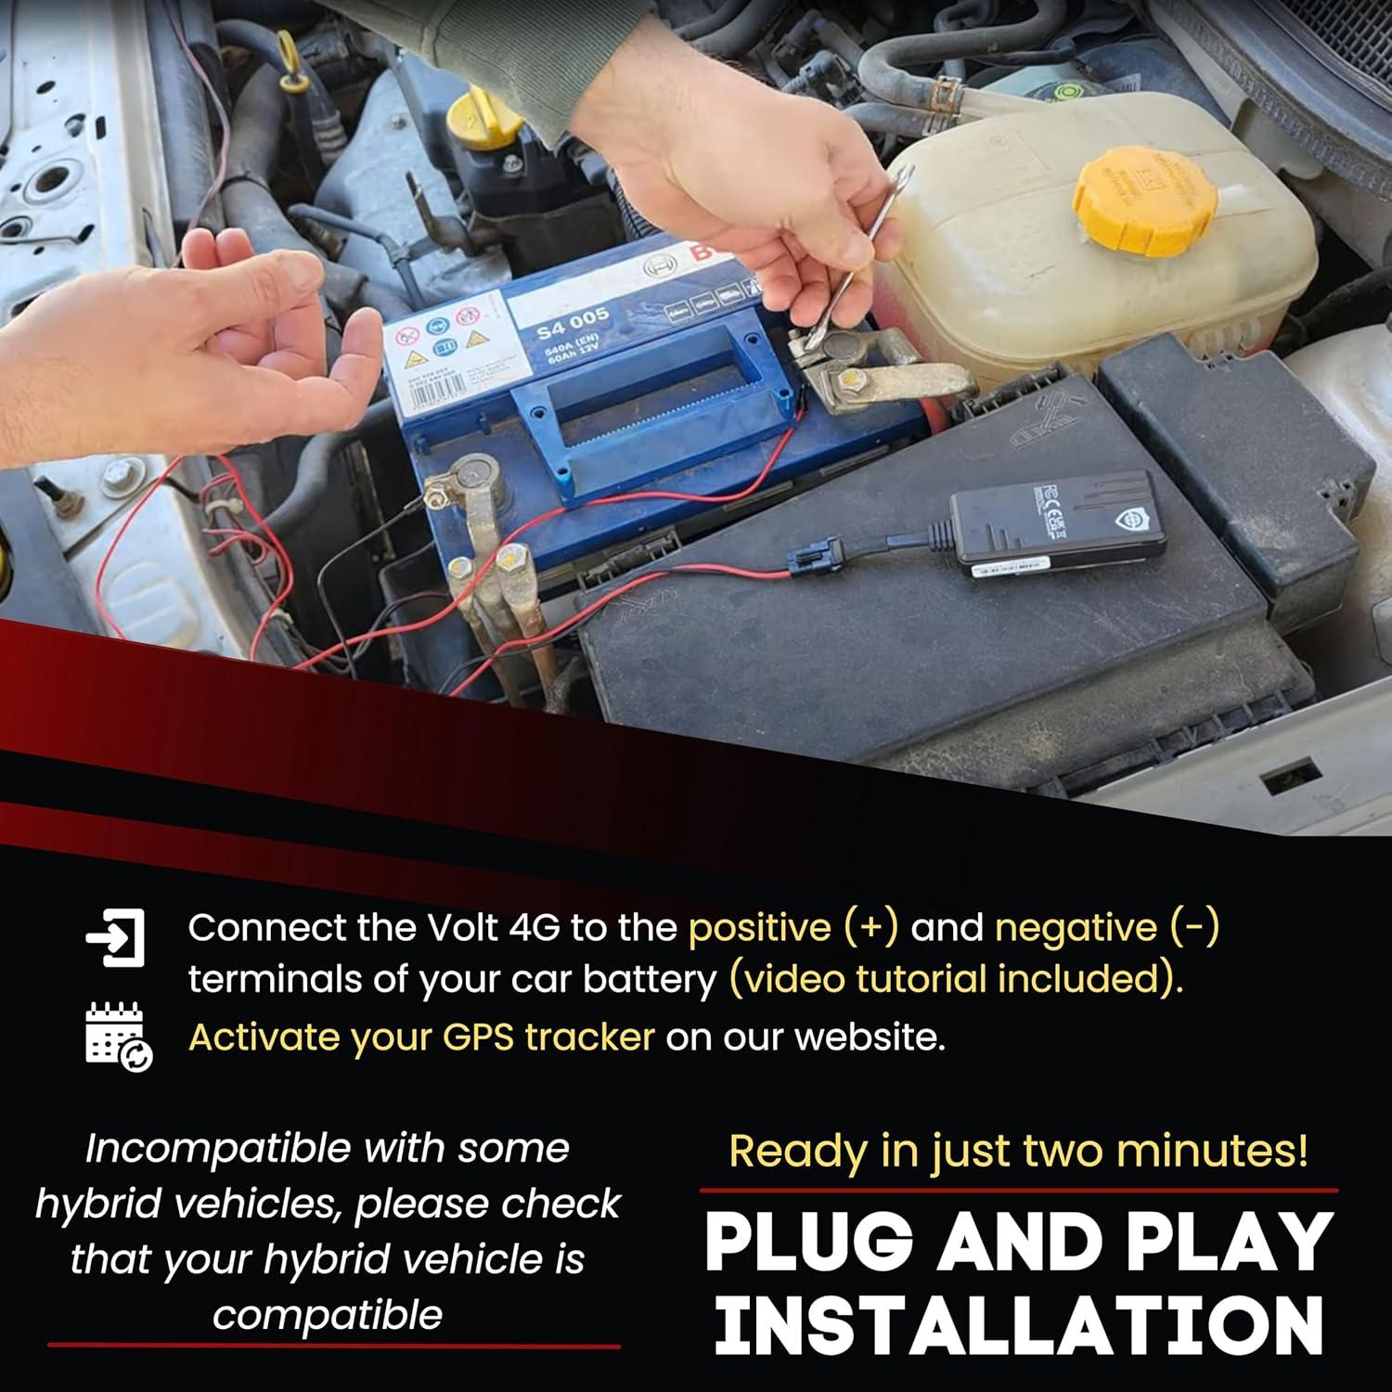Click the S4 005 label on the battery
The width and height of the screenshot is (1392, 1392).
pos(573,325)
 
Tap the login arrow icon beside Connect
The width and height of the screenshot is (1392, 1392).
pos(116,938)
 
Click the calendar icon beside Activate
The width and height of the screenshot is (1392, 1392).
pos(118,1037)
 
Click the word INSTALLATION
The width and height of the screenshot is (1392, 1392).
pos(1018,1325)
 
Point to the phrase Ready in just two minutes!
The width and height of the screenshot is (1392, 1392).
pos(1018,1151)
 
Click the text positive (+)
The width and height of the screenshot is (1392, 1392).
pos(793,927)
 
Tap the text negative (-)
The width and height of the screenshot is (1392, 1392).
pos(1106,927)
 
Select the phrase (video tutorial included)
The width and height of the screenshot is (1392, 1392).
pos(956,979)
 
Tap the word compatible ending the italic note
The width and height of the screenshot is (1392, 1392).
pos(327,1314)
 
